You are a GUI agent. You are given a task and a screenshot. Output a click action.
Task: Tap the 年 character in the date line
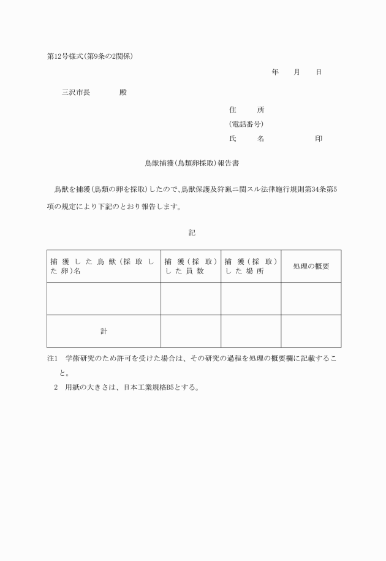(275, 72)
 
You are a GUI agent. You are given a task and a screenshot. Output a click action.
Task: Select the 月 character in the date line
(297, 72)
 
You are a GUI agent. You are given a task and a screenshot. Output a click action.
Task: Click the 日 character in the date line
(319, 72)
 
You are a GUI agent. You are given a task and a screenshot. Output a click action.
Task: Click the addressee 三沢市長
(76, 92)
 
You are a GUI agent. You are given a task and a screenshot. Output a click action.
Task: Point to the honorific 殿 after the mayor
(123, 92)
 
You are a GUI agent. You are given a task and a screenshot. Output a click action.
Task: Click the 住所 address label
(246, 110)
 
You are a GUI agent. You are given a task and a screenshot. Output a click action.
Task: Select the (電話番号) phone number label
(246, 124)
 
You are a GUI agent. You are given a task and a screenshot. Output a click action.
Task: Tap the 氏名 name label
(246, 139)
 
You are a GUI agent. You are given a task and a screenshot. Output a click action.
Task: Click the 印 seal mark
(319, 139)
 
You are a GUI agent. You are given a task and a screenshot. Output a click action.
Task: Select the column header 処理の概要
(311, 266)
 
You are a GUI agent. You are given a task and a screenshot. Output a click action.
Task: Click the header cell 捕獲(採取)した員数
(191, 266)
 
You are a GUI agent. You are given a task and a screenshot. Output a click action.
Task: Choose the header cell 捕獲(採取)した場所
(251, 266)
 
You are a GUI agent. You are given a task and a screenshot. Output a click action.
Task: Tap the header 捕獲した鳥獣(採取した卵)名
(103, 266)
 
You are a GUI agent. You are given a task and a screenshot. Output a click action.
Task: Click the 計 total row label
(104, 331)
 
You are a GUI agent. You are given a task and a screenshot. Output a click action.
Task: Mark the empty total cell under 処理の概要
(311, 331)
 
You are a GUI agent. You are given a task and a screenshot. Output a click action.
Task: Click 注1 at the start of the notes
(52, 358)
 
